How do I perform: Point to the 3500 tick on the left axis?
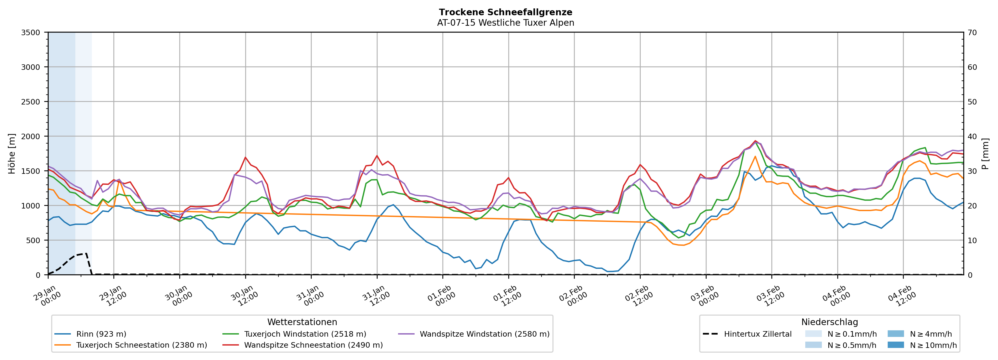click(x=31, y=33)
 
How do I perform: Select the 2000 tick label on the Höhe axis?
click(x=31, y=136)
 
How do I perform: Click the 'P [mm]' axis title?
click(x=985, y=153)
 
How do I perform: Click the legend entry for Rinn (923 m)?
click(x=101, y=334)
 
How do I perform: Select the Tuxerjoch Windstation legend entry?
click(x=305, y=334)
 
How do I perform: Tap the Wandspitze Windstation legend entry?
click(x=484, y=334)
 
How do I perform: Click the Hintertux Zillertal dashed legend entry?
click(x=757, y=334)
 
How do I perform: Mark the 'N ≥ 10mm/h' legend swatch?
click(x=895, y=345)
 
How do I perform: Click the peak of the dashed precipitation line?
click(x=86, y=253)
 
